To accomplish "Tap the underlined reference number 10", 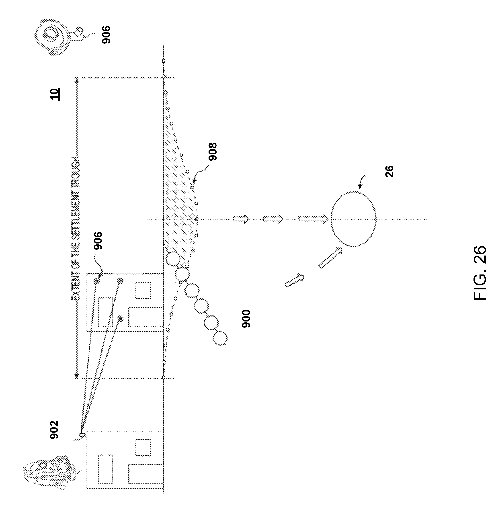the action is (x=54, y=94).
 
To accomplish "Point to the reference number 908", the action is (x=212, y=152).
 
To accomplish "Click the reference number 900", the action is (x=246, y=319).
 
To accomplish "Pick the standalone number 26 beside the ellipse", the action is (x=389, y=171).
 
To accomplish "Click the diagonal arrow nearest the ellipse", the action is (x=331, y=258).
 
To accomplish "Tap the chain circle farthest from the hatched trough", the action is (x=220, y=338).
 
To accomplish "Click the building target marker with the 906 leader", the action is (x=97, y=281).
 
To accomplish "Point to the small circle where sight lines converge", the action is (x=82, y=434).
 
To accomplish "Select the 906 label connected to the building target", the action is (x=98, y=240).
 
